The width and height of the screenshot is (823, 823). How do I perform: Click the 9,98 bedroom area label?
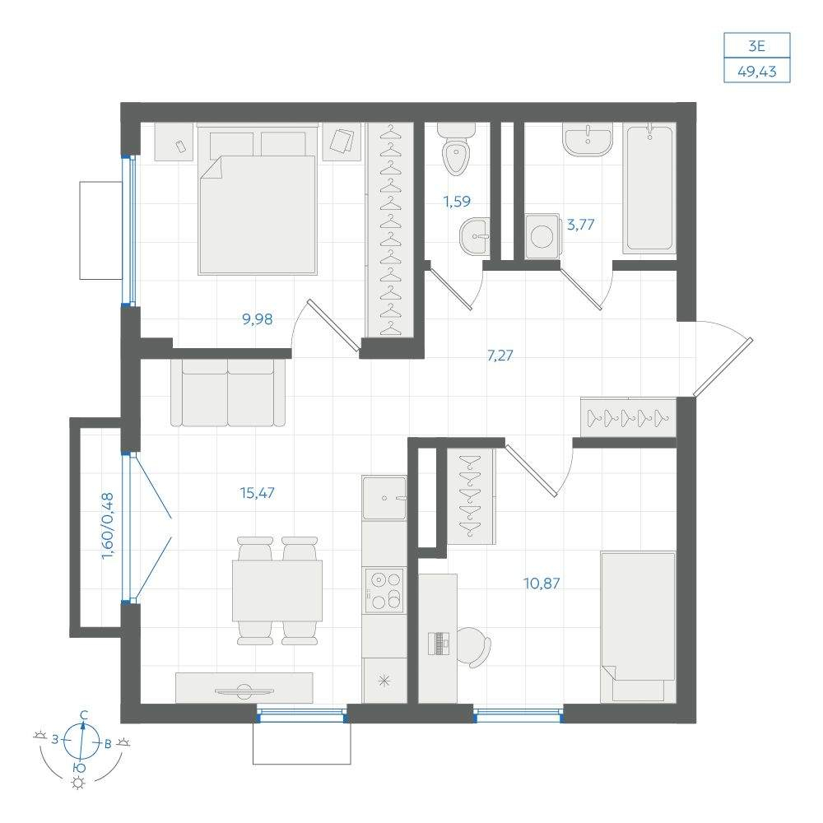257,319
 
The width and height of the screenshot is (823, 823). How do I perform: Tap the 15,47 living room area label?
257,493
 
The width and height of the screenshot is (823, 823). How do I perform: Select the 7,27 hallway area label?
500,356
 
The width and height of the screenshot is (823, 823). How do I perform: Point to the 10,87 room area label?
542,584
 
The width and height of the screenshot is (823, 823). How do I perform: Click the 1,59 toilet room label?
457,201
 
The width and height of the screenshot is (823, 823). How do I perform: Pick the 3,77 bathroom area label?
580,225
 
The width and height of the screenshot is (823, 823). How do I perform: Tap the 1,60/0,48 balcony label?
108,525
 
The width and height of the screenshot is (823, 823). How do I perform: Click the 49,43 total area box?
757,71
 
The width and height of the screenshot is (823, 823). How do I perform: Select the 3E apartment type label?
757,46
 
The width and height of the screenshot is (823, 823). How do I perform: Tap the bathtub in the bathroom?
649,188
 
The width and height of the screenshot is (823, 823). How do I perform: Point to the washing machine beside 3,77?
542,236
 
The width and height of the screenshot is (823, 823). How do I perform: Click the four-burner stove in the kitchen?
384,590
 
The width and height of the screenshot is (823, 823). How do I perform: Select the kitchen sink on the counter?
384,498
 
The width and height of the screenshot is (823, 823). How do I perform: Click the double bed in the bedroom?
258,199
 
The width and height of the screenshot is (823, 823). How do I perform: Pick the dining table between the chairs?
277,590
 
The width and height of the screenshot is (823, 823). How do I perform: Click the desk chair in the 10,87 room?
474,647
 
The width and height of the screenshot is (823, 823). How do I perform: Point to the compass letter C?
83,715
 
